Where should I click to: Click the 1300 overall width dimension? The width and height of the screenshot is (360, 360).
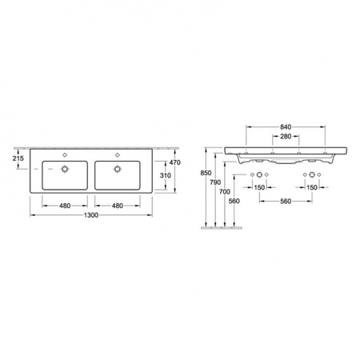pos(91,215)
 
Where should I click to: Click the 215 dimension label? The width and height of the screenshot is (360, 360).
pos(18,158)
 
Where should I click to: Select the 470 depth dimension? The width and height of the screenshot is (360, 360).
pos(175,162)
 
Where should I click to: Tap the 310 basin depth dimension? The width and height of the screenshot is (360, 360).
pos(166,175)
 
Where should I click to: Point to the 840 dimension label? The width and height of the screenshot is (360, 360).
pos(286,127)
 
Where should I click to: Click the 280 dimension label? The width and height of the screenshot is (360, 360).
pos(286,137)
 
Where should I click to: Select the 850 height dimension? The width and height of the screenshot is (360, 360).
pos(206,173)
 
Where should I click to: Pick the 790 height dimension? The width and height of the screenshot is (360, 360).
pos(215,182)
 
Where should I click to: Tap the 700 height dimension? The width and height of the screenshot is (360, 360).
pos(225,191)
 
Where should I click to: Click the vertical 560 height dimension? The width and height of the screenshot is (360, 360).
pos(234,201)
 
